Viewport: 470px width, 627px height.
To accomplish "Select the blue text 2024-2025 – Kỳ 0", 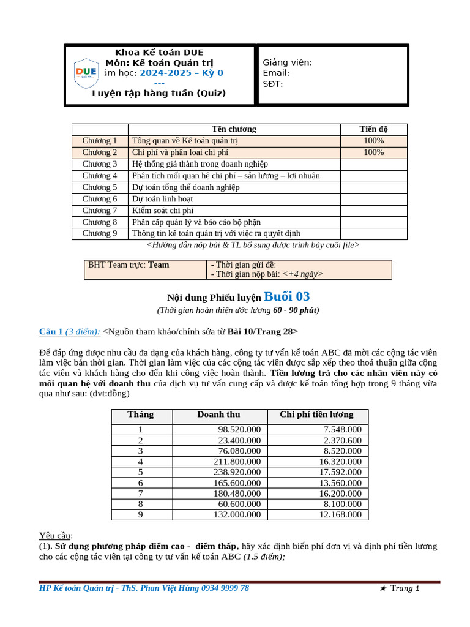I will tap(181, 73).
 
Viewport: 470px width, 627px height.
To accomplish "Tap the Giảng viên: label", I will tap(287, 62).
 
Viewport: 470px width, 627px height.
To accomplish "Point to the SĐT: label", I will tap(273, 84).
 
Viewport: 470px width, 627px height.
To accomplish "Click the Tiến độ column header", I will tap(373, 129).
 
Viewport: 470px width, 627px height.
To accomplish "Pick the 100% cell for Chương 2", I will tap(373, 152).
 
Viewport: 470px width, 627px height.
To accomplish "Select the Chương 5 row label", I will tap(100, 187).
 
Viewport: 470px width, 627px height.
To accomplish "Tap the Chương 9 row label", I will tap(100, 233).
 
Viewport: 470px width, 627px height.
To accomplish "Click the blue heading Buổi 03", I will tap(287, 297).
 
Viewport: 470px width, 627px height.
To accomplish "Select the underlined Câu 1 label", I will tap(51, 332).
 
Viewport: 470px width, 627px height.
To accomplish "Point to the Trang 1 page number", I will tap(405, 588).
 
